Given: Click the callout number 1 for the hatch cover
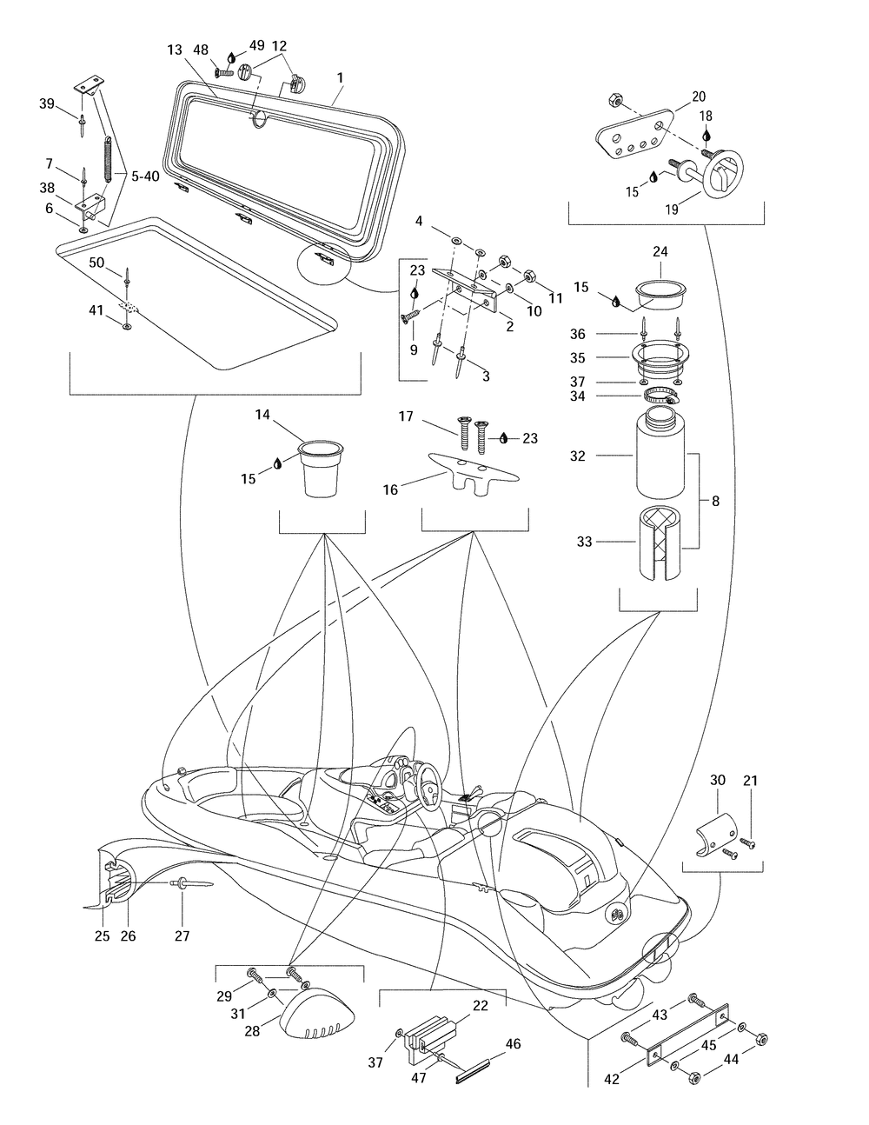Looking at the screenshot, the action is coord(340,77).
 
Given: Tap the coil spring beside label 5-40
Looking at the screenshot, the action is coord(108,159).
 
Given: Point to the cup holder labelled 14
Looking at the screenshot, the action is coord(322,469).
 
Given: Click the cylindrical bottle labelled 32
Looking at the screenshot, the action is coord(660,452).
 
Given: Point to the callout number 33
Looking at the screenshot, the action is coord(584,542).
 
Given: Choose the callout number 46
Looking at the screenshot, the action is coord(513,1044).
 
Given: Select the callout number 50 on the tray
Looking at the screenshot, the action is coord(96,263).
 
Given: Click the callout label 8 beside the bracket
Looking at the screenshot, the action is coord(715,501).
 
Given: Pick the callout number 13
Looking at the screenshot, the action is coord(175,50).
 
